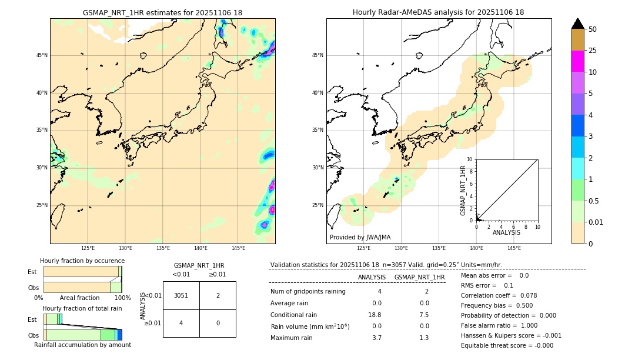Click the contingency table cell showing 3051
[x=181, y=295]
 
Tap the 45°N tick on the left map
[x=42, y=55]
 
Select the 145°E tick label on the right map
[x=514, y=248]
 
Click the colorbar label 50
[x=593, y=29]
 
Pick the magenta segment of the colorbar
[x=577, y=61]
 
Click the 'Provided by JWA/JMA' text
[x=360, y=237]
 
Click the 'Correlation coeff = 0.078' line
[x=499, y=295]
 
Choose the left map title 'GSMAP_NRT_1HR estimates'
[x=162, y=12]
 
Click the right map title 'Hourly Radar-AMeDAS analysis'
[x=438, y=12]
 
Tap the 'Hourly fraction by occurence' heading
[x=82, y=261]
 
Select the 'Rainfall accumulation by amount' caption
[x=82, y=345]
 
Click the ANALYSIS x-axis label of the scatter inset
[x=506, y=232]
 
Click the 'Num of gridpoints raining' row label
[x=308, y=291]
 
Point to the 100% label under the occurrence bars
[x=122, y=298]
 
